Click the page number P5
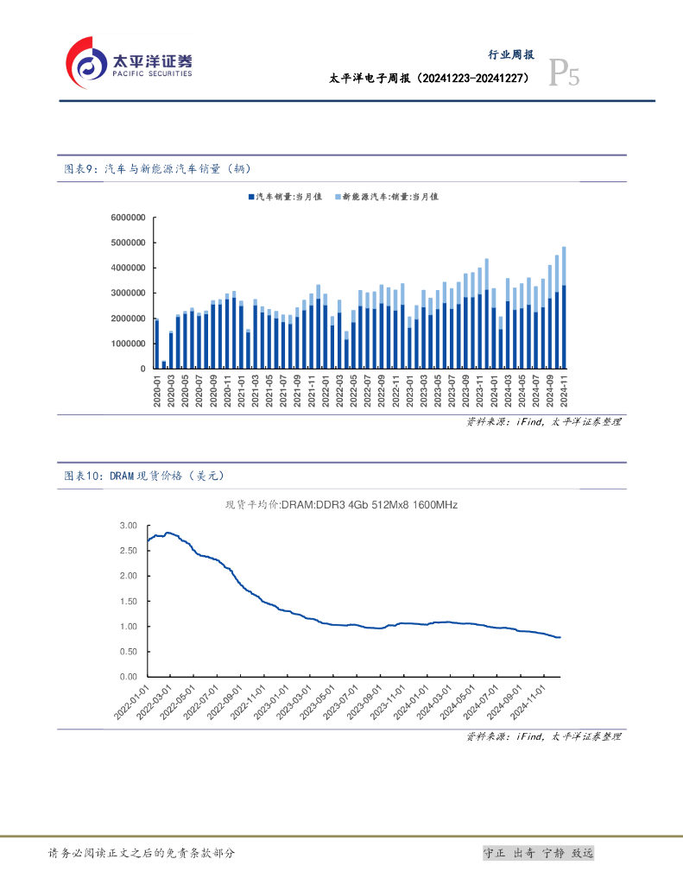(x=565, y=76)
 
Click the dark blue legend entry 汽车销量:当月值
(x=284, y=197)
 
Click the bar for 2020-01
(x=156, y=344)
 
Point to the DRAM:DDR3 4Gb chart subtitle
(x=341, y=505)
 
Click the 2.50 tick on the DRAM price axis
(x=129, y=550)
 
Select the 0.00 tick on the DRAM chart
(x=129, y=677)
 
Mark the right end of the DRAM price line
(x=560, y=637)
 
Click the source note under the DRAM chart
(x=543, y=736)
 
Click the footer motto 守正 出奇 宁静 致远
(x=538, y=853)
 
